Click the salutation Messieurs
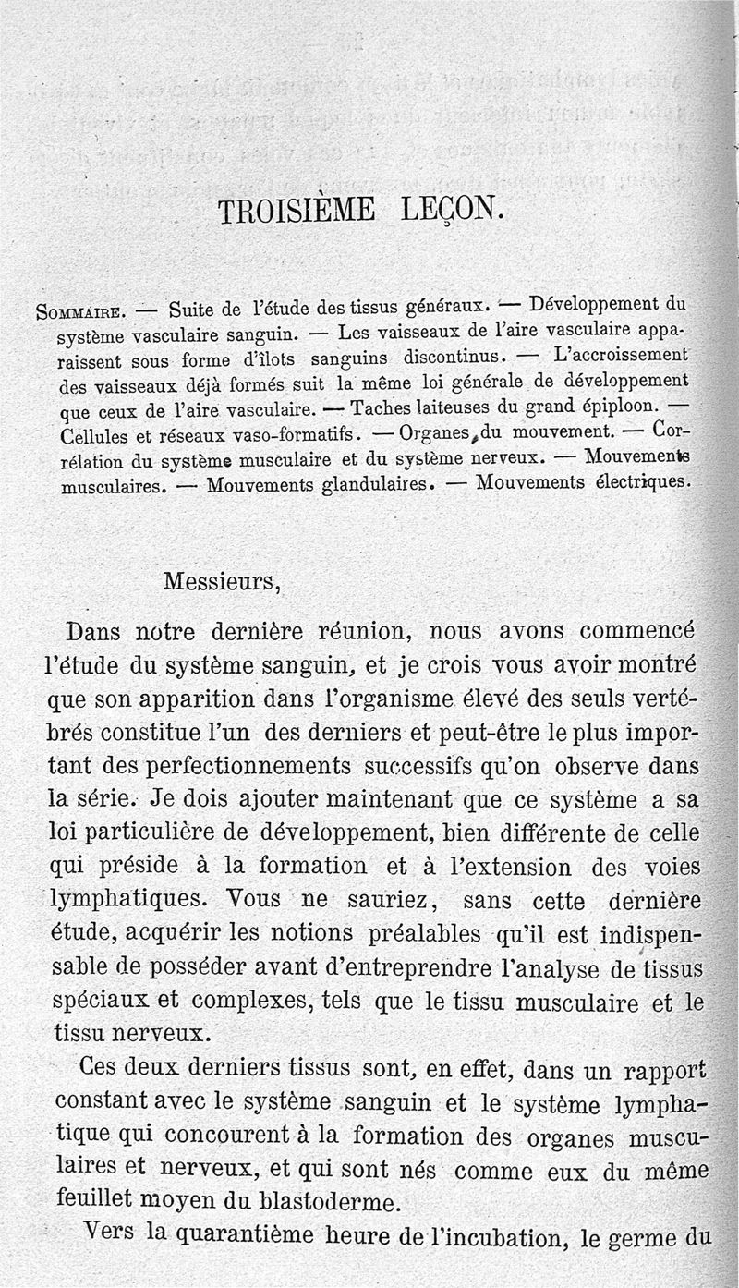[x=221, y=583]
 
